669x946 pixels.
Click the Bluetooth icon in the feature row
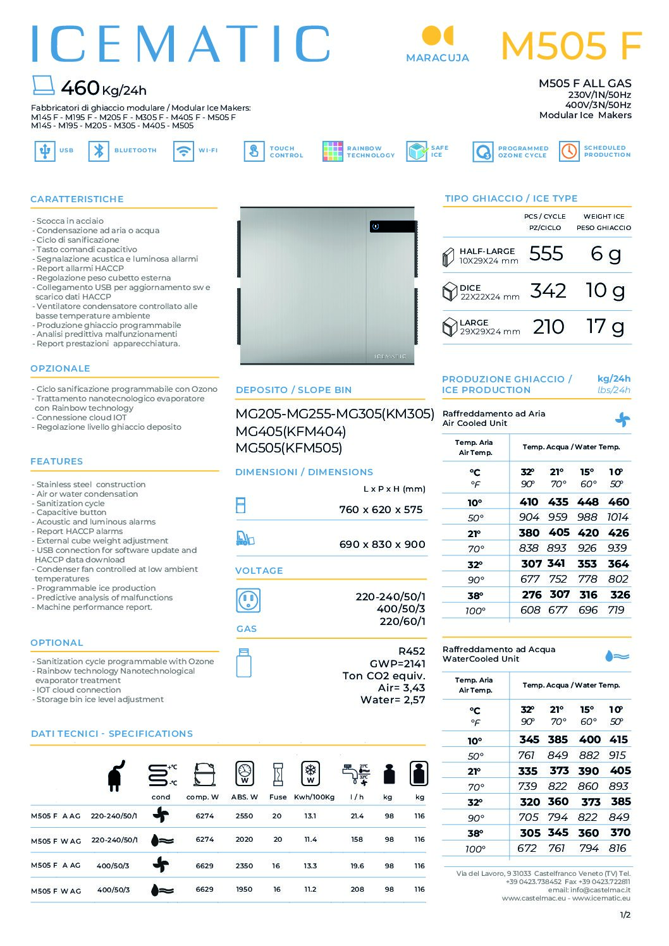point(98,151)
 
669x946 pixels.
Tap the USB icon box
point(44,151)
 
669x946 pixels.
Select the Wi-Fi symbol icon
point(183,151)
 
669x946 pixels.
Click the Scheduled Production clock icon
point(569,151)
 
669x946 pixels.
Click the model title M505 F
point(571,45)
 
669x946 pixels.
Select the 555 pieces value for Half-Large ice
point(546,254)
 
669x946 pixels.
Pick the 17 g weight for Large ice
point(605,327)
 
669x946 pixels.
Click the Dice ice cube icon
point(450,291)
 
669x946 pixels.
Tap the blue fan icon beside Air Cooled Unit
point(622,419)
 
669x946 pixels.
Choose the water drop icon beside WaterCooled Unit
point(617,656)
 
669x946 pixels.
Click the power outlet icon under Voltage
point(248,600)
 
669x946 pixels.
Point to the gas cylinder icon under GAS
point(243,662)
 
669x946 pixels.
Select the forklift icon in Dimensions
point(244,538)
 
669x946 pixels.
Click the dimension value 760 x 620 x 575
point(381,510)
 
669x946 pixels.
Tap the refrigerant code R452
point(412,651)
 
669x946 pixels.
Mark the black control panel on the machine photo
point(393,226)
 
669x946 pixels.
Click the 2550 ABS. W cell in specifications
point(244,816)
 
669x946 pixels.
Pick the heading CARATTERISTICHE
point(77,199)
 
